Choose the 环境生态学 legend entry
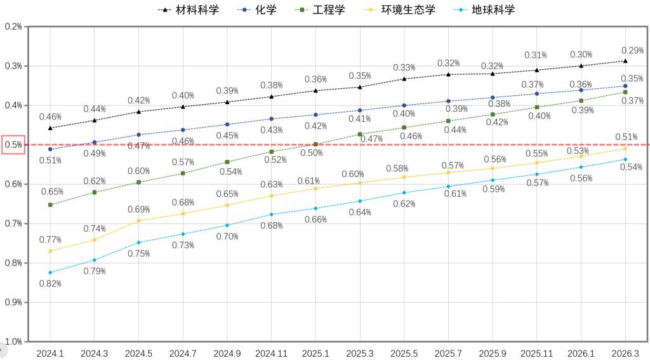click(x=402, y=10)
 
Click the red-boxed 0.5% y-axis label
click(x=13, y=145)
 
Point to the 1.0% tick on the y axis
click(x=13, y=342)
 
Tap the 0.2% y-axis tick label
click(x=13, y=27)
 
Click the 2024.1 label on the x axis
click(x=50, y=352)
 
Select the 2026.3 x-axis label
click(x=625, y=352)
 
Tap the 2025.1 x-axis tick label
click(x=315, y=352)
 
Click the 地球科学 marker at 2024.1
click(x=50, y=272)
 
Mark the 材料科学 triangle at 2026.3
click(x=625, y=61)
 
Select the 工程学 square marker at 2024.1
click(x=50, y=204)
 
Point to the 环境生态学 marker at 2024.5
click(x=138, y=221)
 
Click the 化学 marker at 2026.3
click(x=625, y=86)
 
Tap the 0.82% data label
click(x=50, y=283)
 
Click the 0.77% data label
click(x=50, y=240)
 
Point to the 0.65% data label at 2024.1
click(x=50, y=192)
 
